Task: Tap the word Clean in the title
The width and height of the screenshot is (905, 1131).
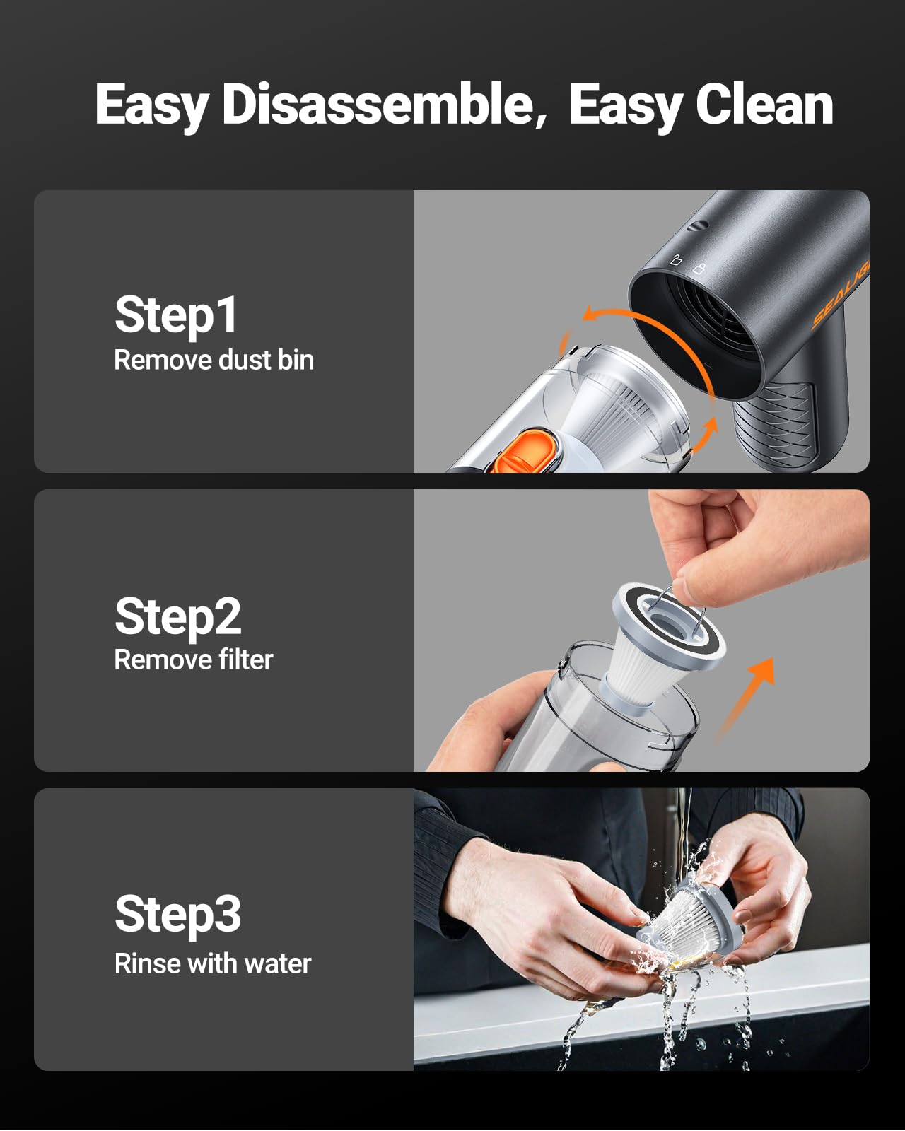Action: (764, 105)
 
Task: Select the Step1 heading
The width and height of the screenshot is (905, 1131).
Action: (175, 315)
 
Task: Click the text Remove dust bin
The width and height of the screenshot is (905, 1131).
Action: (214, 361)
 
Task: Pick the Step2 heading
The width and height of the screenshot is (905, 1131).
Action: (177, 616)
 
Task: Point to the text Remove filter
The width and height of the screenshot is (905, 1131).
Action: (194, 660)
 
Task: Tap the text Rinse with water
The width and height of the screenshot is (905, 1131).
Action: (213, 963)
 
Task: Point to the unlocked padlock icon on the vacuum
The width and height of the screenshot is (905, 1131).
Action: (676, 259)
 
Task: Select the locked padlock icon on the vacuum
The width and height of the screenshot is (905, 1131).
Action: (699, 268)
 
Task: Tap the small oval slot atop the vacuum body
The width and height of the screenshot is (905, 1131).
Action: (699, 226)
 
